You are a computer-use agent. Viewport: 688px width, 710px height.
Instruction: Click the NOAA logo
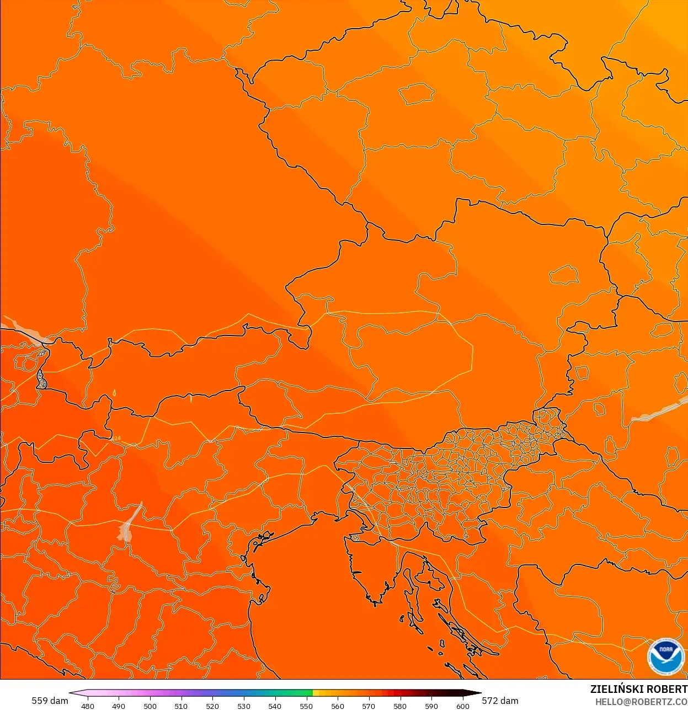pyautogui.click(x=665, y=656)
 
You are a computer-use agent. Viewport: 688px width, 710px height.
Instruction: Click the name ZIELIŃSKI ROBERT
pyautogui.click(x=638, y=689)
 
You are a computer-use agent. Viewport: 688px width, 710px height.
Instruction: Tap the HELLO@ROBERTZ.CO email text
pyautogui.click(x=641, y=702)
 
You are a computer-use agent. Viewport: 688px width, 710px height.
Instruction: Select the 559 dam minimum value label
pyautogui.click(x=50, y=701)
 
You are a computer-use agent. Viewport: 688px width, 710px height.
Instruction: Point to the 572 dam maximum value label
pyautogui.click(x=500, y=701)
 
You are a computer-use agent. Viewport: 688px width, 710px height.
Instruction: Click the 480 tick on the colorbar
pyautogui.click(x=88, y=706)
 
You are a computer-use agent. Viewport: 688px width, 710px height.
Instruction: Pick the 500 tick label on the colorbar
pyautogui.click(x=150, y=706)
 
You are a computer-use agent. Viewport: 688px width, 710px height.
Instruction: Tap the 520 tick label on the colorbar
pyautogui.click(x=212, y=706)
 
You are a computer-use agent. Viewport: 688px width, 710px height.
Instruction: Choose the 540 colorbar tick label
pyautogui.click(x=275, y=706)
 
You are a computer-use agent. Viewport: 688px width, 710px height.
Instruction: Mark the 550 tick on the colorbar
pyautogui.click(x=306, y=706)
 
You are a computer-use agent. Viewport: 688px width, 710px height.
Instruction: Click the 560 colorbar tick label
pyautogui.click(x=338, y=706)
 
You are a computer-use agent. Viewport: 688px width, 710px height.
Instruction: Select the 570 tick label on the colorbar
pyautogui.click(x=369, y=706)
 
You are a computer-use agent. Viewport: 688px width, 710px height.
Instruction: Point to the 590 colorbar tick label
pyautogui.click(x=431, y=706)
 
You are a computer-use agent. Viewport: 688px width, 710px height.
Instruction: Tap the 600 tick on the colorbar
pyautogui.click(x=462, y=706)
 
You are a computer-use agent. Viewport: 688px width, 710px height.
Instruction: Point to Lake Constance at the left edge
pyautogui.click(x=22, y=329)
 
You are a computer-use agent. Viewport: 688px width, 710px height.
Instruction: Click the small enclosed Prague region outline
pyautogui.click(x=416, y=93)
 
